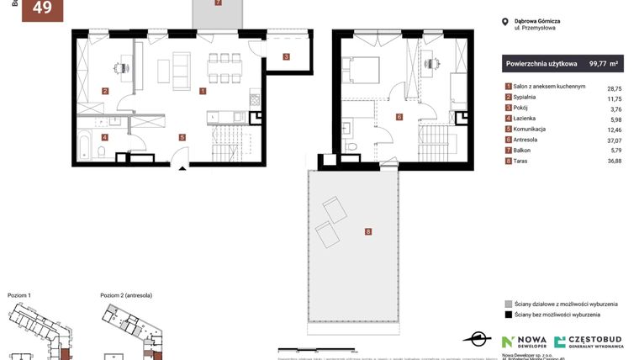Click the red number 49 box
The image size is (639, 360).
coord(41,9)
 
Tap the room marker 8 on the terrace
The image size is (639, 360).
coord(368,231)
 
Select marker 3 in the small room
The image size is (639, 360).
coord(286,57)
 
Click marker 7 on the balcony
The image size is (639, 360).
coord(218,3)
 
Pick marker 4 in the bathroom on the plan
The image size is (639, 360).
coord(104,136)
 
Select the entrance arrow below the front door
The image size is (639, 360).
coord(182,168)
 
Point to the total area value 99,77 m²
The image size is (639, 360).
coord(604,62)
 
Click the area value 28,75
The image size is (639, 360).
coord(614,87)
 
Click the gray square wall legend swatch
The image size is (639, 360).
coord(508,303)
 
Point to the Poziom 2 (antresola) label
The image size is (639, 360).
coord(132,295)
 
